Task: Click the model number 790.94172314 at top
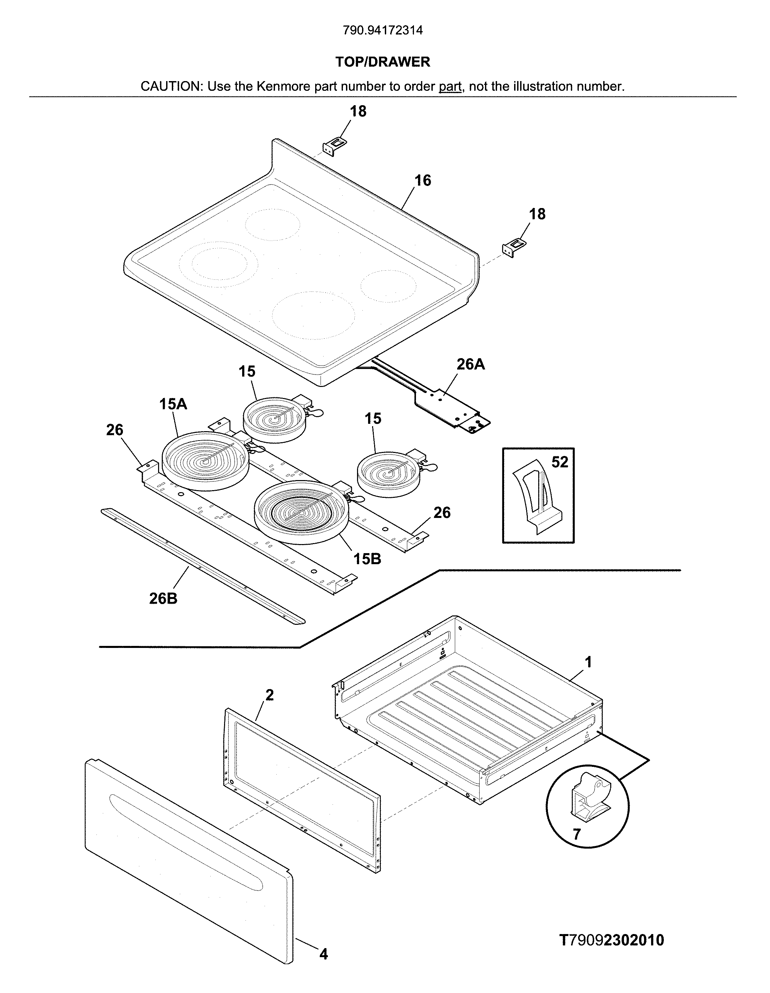click(383, 30)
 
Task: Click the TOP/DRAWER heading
click(383, 62)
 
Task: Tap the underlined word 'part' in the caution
click(450, 86)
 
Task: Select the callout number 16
click(422, 181)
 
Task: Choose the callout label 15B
click(367, 559)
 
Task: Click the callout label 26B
click(163, 598)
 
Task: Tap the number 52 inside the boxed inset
click(560, 462)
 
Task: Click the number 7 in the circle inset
click(576, 834)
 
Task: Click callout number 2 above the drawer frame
click(270, 695)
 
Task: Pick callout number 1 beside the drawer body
click(588, 662)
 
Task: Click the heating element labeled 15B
click(302, 512)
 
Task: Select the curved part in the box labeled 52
click(536, 498)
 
